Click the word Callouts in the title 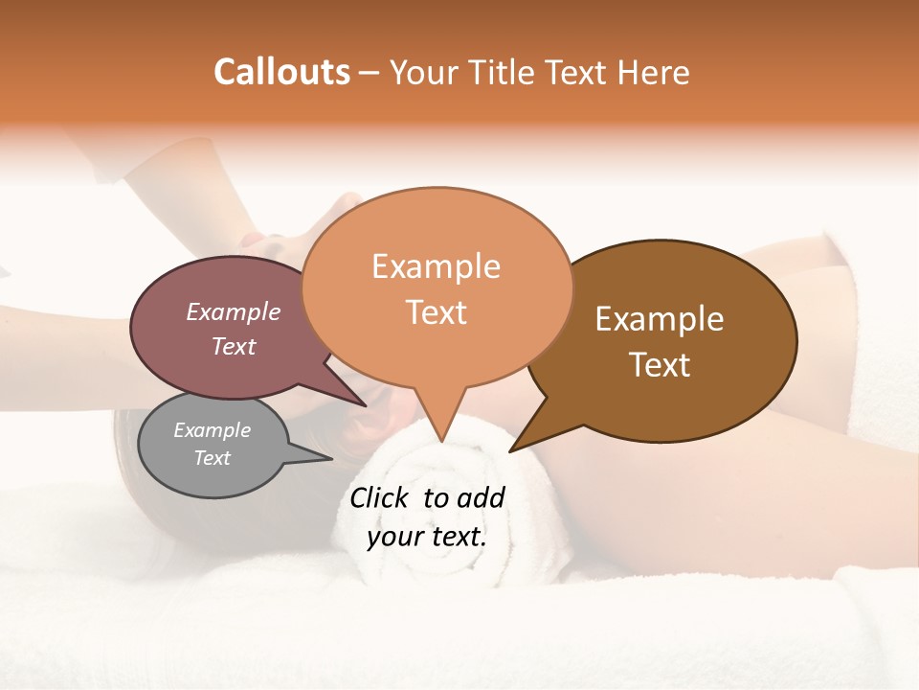click(x=281, y=72)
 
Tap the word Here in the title click(x=655, y=72)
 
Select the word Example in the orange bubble click(x=436, y=266)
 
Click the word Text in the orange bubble click(x=436, y=312)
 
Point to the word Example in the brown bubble click(x=660, y=319)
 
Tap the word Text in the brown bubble click(x=660, y=365)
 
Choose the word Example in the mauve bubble click(x=233, y=312)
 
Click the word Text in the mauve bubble click(x=233, y=346)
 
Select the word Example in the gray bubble click(x=212, y=430)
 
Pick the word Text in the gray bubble click(x=212, y=458)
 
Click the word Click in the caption click(x=380, y=497)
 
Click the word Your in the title click(x=424, y=72)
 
